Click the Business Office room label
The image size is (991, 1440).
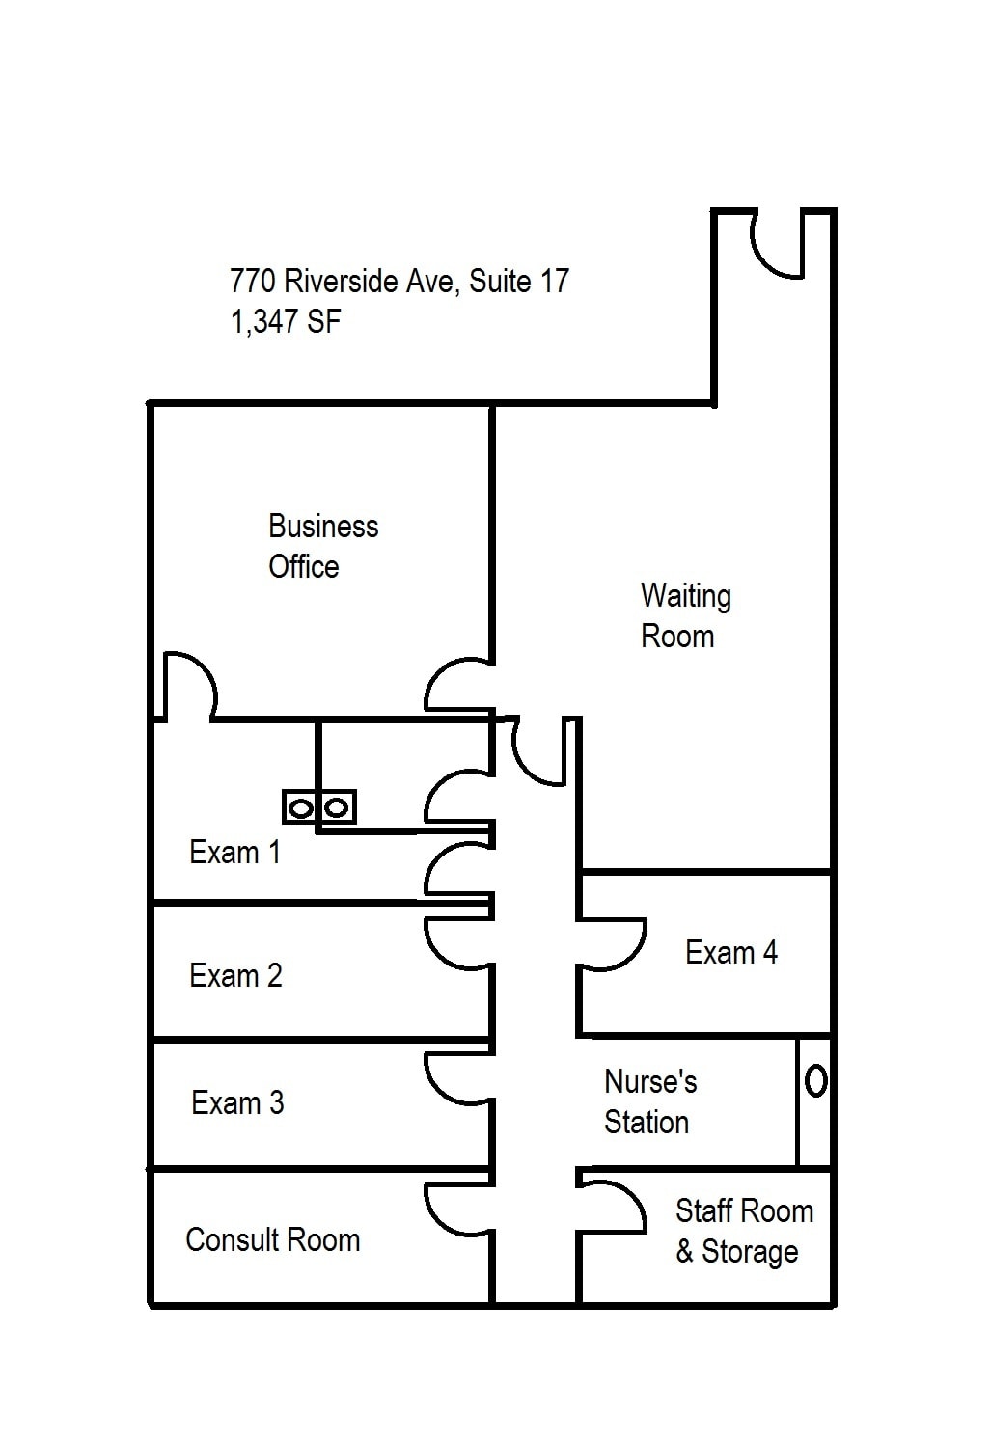[322, 546]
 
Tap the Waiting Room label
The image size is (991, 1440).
[685, 615]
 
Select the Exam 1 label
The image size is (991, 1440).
[234, 853]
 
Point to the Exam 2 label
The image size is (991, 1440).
[235, 976]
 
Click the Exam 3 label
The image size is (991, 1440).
[237, 1102]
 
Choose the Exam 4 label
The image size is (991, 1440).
[730, 953]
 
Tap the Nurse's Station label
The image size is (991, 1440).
[649, 1101]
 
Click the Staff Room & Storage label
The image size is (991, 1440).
[743, 1231]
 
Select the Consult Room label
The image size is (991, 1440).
[272, 1239]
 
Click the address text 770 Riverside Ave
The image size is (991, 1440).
[399, 282]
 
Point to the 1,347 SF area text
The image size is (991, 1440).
[285, 321]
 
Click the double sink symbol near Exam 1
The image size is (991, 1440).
[319, 806]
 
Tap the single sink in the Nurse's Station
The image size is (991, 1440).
[815, 1081]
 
